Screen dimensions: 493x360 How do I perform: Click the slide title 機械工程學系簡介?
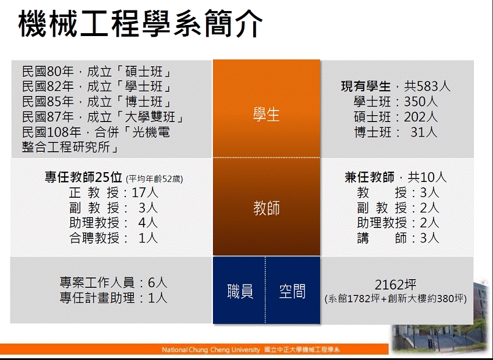click(140, 24)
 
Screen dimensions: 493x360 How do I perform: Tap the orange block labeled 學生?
click(267, 108)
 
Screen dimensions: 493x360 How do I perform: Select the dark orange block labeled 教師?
click(267, 206)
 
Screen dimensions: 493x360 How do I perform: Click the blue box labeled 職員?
click(239, 290)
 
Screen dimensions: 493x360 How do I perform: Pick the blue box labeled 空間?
click(293, 290)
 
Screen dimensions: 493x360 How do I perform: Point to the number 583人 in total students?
click(433, 86)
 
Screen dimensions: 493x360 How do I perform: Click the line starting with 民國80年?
click(97, 72)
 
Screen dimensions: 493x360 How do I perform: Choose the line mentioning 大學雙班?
click(103, 117)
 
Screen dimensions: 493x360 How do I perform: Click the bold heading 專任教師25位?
click(83, 177)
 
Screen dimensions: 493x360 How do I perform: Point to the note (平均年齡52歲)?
click(154, 179)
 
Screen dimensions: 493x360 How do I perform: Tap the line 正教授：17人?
click(114, 193)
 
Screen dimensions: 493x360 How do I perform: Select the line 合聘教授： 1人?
click(114, 238)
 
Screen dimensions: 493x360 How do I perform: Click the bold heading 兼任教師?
click(370, 177)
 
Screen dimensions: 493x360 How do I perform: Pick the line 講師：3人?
click(398, 238)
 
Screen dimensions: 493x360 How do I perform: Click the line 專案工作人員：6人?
click(114, 283)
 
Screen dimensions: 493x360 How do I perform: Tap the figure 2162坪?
click(396, 284)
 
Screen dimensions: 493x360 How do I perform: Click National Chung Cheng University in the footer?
click(211, 350)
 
